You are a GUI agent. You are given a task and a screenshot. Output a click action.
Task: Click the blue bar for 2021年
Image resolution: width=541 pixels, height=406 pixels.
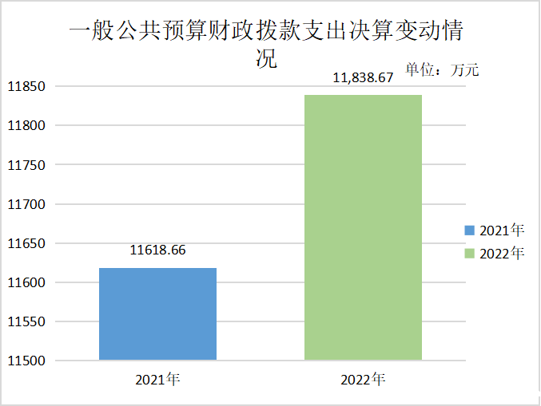[157, 313]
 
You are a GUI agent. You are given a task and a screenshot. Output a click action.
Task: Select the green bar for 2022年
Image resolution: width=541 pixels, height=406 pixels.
[363, 227]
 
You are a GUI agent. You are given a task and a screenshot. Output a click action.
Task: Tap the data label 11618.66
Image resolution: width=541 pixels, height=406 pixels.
[157, 250]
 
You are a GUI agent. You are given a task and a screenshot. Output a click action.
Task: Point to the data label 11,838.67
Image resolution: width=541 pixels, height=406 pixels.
[363, 78]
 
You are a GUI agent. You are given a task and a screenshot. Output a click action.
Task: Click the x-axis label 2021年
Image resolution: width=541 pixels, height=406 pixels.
[157, 379]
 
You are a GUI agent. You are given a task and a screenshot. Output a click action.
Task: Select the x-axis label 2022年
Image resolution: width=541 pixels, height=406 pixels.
[363, 379]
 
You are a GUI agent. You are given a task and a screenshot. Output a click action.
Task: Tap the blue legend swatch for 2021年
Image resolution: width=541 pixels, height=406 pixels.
[470, 231]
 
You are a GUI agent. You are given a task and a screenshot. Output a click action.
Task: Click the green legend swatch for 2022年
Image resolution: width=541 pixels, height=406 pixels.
[470, 254]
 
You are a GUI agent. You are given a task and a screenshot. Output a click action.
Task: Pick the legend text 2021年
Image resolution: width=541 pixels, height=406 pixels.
[502, 231]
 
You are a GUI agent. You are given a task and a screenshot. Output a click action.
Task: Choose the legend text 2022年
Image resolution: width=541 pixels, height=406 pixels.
[502, 254]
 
